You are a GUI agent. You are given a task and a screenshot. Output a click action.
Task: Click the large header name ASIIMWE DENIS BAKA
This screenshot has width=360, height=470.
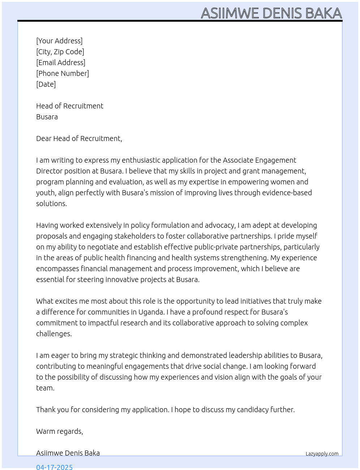pyautogui.click(x=271, y=13)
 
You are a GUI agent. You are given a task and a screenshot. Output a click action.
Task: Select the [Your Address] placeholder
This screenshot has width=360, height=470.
pyautogui.click(x=59, y=41)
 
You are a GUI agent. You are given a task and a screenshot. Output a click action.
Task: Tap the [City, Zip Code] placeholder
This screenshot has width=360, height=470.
pyautogui.click(x=60, y=52)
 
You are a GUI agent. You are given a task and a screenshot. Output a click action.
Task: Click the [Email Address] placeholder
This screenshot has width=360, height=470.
pyautogui.click(x=61, y=63)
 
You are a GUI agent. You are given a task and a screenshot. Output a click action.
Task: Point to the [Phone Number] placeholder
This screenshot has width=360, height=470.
pyautogui.click(x=63, y=73)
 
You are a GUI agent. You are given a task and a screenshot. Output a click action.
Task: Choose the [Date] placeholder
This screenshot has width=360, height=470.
pyautogui.click(x=46, y=84)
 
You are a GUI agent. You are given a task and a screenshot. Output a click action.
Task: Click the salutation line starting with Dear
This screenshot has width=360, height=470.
pyautogui.click(x=79, y=138)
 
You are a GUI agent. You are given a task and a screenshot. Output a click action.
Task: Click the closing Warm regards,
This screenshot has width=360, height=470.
pyautogui.click(x=60, y=431)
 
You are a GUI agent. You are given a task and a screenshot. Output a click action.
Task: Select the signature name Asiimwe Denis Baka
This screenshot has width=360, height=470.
pyautogui.click(x=68, y=453)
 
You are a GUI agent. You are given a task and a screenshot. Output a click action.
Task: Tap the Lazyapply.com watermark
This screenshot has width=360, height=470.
pyautogui.click(x=322, y=454)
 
